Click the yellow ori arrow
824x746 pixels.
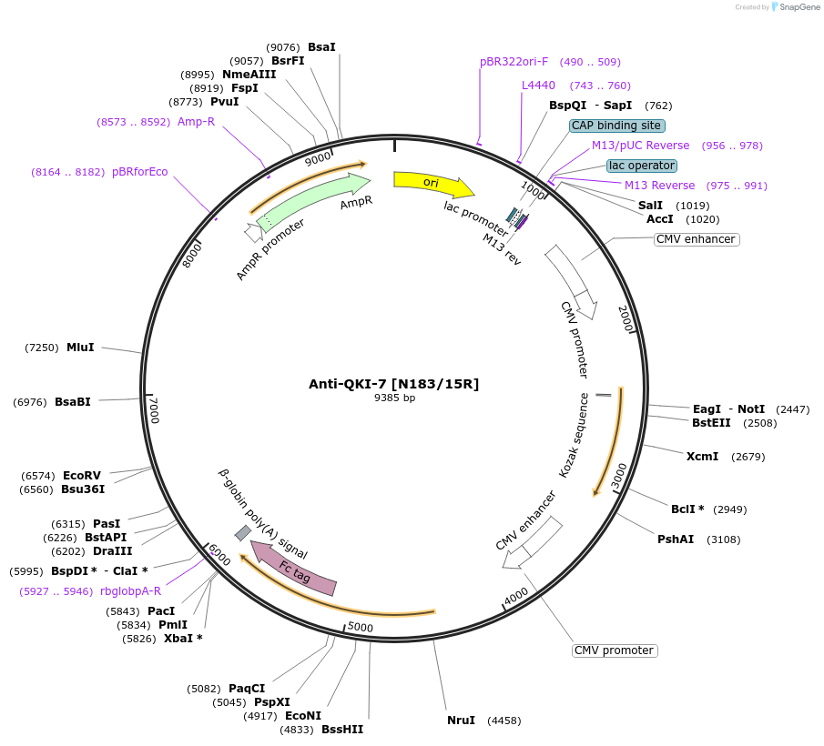click(432, 184)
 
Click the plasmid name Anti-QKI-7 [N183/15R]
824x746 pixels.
click(393, 384)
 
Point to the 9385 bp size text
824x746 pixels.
click(394, 398)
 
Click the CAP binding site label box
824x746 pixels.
click(617, 126)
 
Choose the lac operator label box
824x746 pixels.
click(642, 166)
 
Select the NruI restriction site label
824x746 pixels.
click(461, 721)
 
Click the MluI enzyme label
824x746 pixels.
click(80, 347)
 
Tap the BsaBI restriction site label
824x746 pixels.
click(73, 401)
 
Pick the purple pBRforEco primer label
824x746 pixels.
click(139, 171)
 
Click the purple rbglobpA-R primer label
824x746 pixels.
click(130, 590)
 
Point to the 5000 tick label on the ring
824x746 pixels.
click(361, 627)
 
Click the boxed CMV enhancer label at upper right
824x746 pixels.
click(696, 239)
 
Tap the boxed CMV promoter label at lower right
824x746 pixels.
click(615, 650)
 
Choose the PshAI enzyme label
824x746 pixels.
click(676, 539)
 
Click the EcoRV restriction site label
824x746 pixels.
click(81, 475)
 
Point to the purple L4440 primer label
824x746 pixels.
click(538, 86)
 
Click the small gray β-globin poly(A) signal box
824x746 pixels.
click(243, 532)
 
